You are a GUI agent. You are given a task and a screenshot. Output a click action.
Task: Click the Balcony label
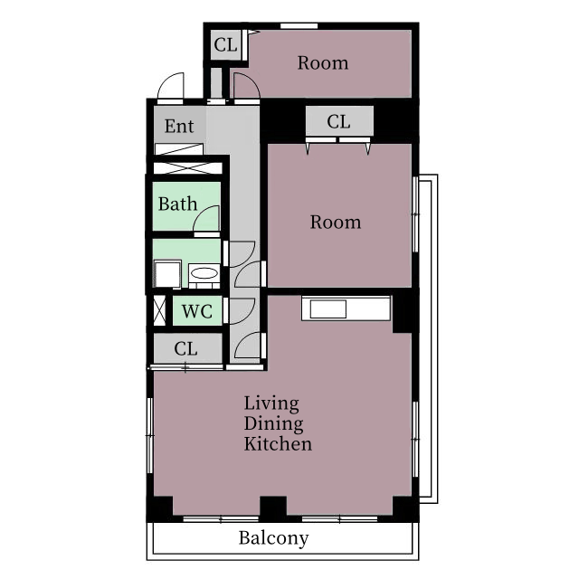pyautogui.click(x=273, y=538)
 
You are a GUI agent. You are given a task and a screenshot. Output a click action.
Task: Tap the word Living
pyautogui.click(x=271, y=403)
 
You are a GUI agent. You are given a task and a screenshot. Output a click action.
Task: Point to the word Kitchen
pyautogui.click(x=278, y=443)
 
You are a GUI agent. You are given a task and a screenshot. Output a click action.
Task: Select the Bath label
pyautogui.click(x=177, y=204)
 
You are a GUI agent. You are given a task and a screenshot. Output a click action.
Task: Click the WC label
pyautogui.click(x=197, y=311)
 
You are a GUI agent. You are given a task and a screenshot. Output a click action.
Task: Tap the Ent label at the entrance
pyautogui.click(x=179, y=127)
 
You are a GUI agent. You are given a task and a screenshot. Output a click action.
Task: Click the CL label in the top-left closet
pyautogui.click(x=225, y=45)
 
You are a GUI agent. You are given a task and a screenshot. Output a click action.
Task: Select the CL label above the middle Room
pyautogui.click(x=338, y=121)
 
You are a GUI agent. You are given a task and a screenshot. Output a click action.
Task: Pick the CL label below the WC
pyautogui.click(x=185, y=348)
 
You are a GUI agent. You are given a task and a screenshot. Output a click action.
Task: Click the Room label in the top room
pyautogui.click(x=323, y=63)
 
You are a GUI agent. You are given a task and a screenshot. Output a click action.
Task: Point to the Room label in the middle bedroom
pyautogui.click(x=336, y=223)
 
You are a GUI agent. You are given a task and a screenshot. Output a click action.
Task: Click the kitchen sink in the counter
pyautogui.click(x=327, y=308)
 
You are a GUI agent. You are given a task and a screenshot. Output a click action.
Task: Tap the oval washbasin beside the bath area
pyautogui.click(x=204, y=273)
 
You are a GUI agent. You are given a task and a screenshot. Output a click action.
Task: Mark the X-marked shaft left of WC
pyautogui.click(x=159, y=311)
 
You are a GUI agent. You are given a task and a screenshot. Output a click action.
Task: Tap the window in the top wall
pyautogui.click(x=299, y=26)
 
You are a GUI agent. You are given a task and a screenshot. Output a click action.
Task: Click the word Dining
pyautogui.click(x=273, y=424)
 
